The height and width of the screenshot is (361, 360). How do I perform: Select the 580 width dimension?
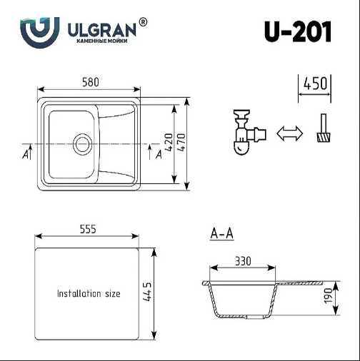pyautogui.click(x=90, y=82)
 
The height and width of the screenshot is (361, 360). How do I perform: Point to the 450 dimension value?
pyautogui.click(x=315, y=83)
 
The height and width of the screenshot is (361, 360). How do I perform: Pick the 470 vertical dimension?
pyautogui.click(x=181, y=143)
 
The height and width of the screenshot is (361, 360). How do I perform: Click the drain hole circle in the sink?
pyautogui.click(x=82, y=143)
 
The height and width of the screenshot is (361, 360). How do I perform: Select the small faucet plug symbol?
pyautogui.click(x=324, y=130)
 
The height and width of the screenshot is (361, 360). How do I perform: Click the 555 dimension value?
pyautogui.click(x=87, y=229)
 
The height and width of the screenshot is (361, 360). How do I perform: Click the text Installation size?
pyautogui.click(x=89, y=293)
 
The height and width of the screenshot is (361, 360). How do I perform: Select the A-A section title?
pyautogui.click(x=222, y=233)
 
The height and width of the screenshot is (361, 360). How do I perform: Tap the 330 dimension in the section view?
pyautogui.click(x=243, y=261)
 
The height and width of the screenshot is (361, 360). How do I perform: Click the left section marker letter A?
pyautogui.click(x=26, y=153)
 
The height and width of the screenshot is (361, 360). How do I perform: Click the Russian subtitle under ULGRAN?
pyautogui.click(x=101, y=42)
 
